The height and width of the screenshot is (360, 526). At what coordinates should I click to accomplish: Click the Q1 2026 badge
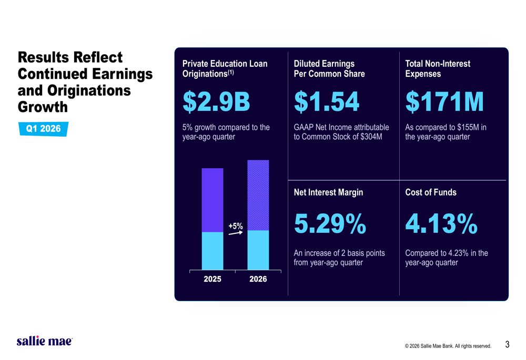(43, 129)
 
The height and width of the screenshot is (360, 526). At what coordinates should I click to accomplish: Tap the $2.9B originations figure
(216, 102)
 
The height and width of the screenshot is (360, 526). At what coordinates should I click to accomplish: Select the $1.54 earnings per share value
(326, 102)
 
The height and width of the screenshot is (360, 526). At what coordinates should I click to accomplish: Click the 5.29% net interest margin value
(330, 224)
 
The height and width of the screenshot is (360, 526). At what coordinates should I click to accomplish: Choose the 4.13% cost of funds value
(441, 224)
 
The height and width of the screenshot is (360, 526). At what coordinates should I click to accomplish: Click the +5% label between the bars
(236, 226)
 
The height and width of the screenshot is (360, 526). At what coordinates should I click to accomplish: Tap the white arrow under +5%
(236, 233)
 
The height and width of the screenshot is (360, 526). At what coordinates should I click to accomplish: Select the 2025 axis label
(213, 279)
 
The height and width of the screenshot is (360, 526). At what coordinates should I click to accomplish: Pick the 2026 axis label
(258, 279)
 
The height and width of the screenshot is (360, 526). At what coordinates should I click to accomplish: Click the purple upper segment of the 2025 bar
(213, 200)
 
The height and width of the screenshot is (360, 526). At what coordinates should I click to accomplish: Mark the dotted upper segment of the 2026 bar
(258, 195)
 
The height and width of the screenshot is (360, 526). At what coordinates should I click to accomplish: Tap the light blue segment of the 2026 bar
(258, 250)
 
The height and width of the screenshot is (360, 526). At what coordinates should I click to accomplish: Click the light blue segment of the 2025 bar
(213, 251)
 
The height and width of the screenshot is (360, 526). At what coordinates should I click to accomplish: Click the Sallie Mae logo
(44, 341)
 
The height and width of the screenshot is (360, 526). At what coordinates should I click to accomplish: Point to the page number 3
(507, 345)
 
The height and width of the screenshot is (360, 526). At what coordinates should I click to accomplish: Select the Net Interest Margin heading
(328, 192)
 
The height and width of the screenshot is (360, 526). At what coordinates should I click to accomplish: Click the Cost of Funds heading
(431, 192)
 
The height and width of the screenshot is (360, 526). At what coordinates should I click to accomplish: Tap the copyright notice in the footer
(448, 346)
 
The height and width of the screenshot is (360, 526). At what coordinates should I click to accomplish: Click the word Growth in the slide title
(43, 107)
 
